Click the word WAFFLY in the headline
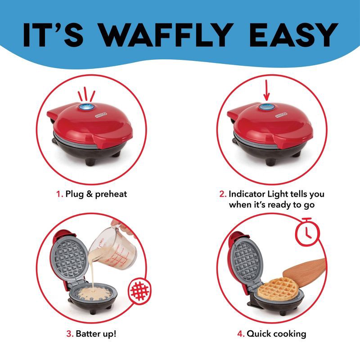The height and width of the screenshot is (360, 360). pyautogui.click(x=167, y=35)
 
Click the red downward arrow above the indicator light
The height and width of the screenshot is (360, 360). pyautogui.click(x=266, y=90)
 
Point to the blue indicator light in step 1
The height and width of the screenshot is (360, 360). pyautogui.click(x=86, y=107)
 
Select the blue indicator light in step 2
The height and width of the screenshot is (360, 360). pyautogui.click(x=267, y=107)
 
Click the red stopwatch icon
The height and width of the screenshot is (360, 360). pyautogui.click(x=307, y=232)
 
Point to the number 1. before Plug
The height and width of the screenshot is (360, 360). pyautogui.click(x=60, y=194)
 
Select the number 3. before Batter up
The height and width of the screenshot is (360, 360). pyautogui.click(x=70, y=333)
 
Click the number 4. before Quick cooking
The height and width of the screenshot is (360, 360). pyautogui.click(x=241, y=333)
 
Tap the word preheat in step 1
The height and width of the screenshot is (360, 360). pyautogui.click(x=111, y=194)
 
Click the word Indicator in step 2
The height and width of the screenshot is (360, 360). pyautogui.click(x=247, y=194)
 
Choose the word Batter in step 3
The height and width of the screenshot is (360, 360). pyautogui.click(x=88, y=333)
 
